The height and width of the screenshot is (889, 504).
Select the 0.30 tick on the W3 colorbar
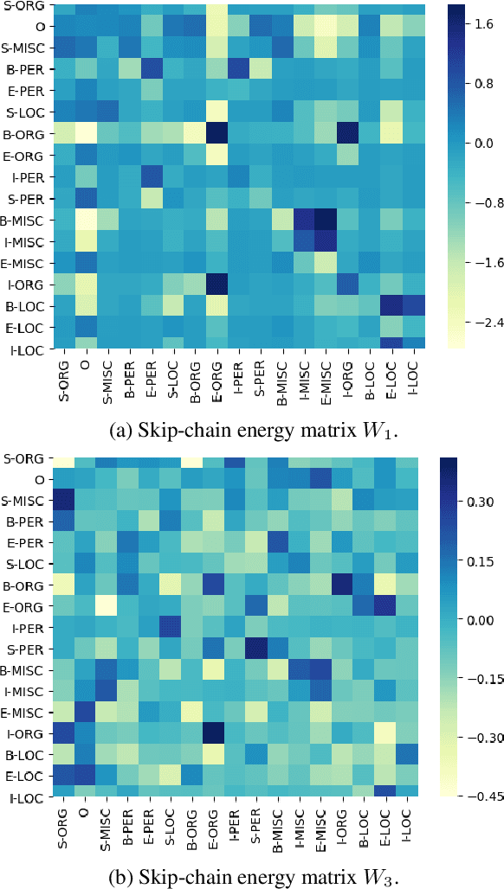486,502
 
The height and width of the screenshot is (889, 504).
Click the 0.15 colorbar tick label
486,560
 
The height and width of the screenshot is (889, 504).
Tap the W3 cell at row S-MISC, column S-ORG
63,501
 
